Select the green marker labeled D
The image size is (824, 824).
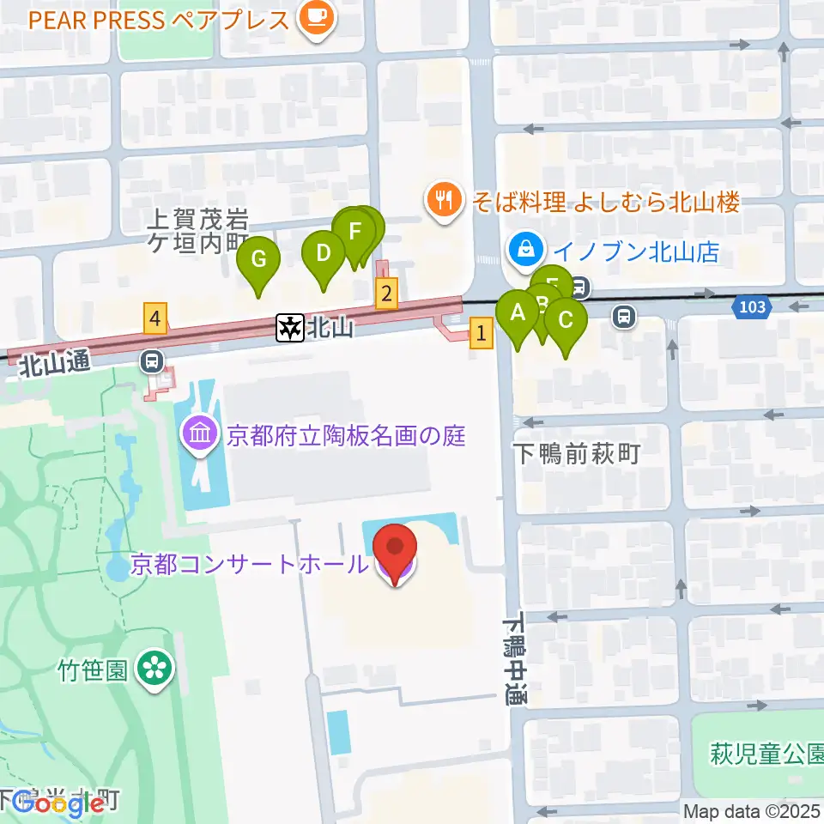(x=324, y=254)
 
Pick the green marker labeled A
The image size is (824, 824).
(x=518, y=313)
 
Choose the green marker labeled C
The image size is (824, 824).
(x=566, y=321)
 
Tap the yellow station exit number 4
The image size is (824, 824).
(x=154, y=318)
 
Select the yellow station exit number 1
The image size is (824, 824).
(x=482, y=333)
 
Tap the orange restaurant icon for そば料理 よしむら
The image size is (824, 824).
(x=443, y=202)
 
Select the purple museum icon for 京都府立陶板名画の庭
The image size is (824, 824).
(x=200, y=436)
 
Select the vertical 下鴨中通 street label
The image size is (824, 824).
(x=514, y=658)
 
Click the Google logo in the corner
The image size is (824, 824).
(x=53, y=803)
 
